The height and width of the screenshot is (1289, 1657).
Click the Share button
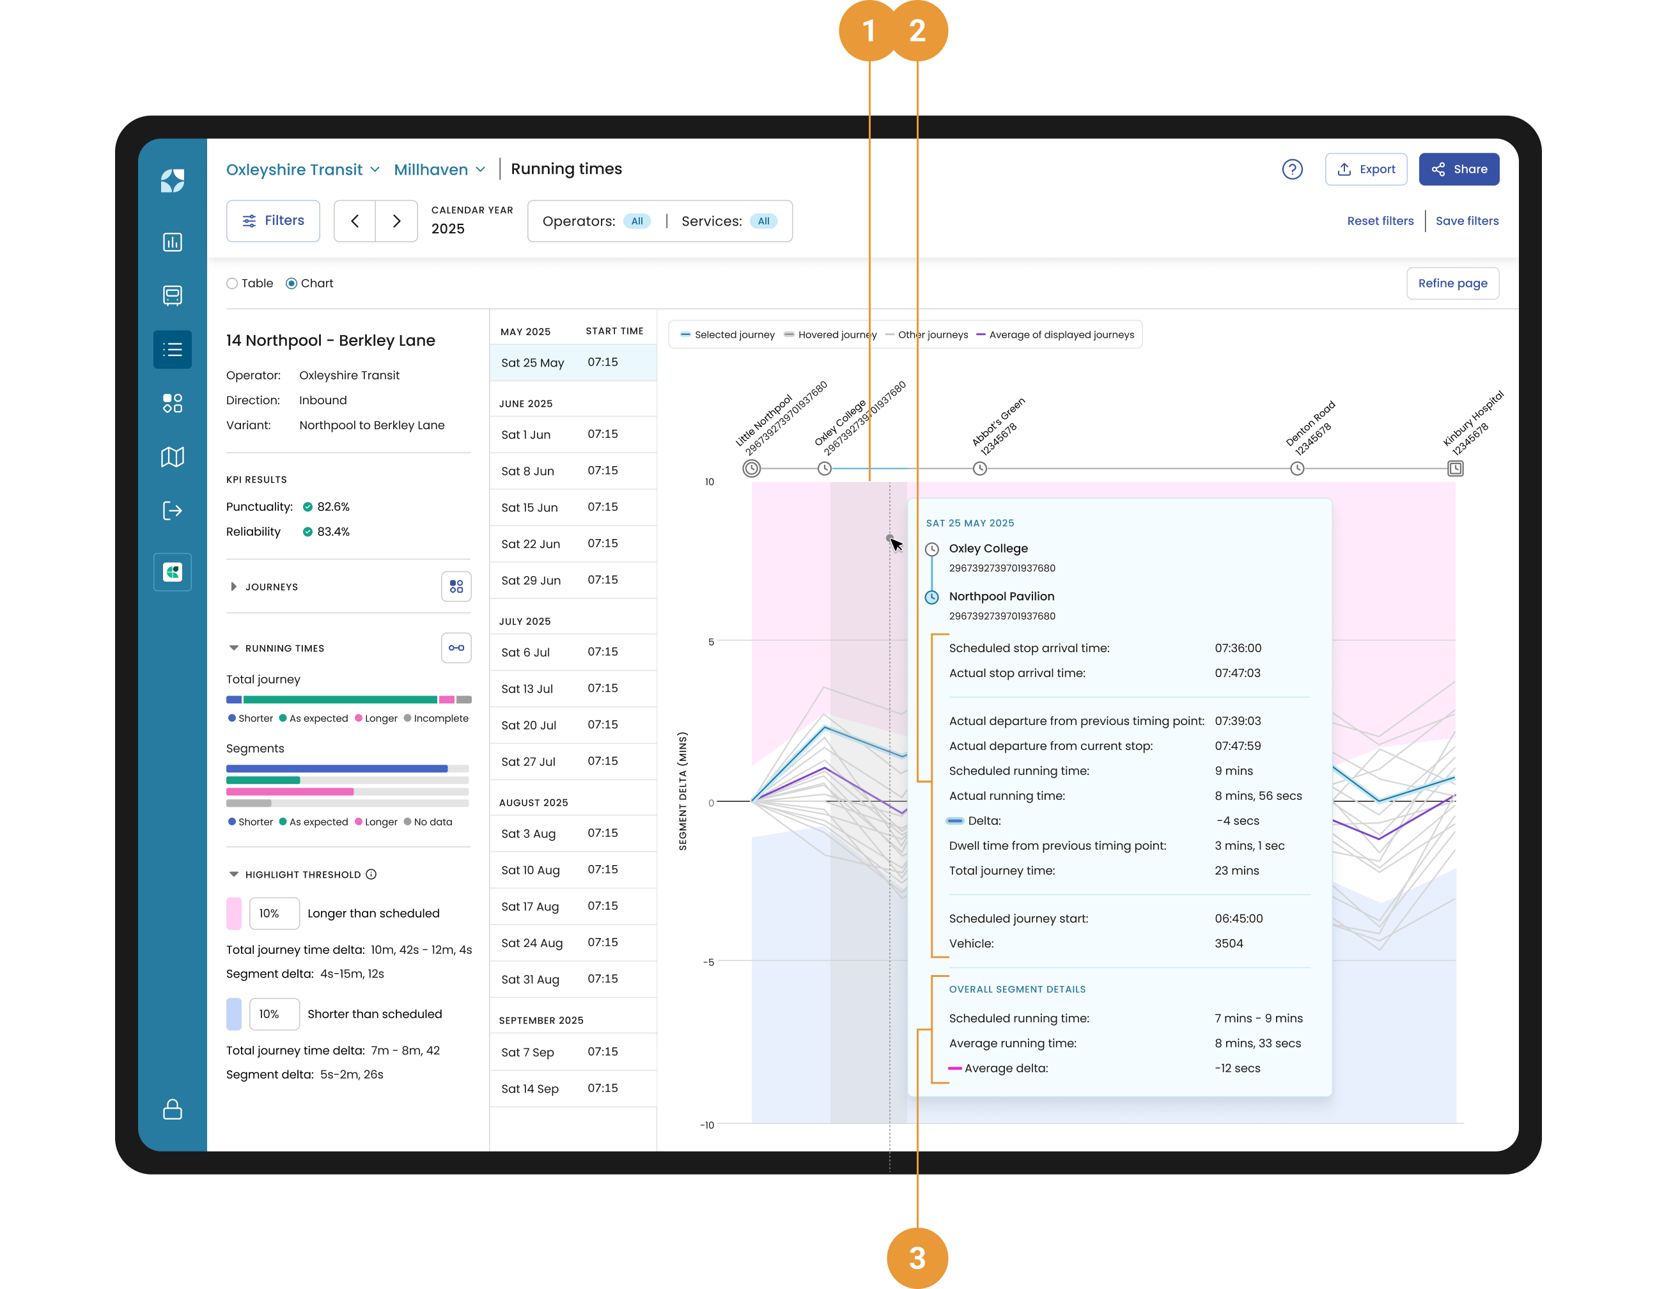coord(1458,169)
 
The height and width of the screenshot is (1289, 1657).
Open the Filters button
coord(273,221)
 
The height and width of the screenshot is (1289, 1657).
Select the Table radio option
coord(232,284)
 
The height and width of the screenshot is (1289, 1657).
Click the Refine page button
coord(1452,283)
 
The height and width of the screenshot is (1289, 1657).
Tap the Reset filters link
coord(1380,221)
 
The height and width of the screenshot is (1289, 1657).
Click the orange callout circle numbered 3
coord(917,1257)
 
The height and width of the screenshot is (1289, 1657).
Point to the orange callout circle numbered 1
coord(869,31)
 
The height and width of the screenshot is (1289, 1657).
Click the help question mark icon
coord(1292,169)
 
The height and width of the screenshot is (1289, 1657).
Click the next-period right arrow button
coord(396,221)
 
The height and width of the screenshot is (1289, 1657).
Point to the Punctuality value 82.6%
coord(333,507)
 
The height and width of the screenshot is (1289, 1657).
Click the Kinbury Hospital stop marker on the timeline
coord(1454,468)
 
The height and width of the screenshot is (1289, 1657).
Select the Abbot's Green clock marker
coord(979,468)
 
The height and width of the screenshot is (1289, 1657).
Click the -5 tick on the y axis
coord(708,962)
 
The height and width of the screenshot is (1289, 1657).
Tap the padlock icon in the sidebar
coord(172,1109)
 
